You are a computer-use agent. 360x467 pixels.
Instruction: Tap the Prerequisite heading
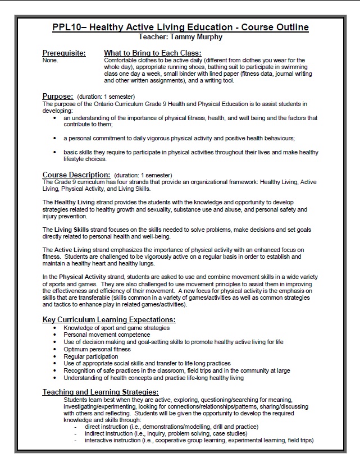[x=64, y=53]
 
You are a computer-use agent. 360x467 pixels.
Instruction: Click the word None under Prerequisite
[x=49, y=59]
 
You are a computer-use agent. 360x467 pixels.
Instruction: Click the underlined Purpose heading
[x=58, y=96]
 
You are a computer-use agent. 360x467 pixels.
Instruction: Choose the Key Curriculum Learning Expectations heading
[x=109, y=319]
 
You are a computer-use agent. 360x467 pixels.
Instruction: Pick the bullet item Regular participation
[x=90, y=356]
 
